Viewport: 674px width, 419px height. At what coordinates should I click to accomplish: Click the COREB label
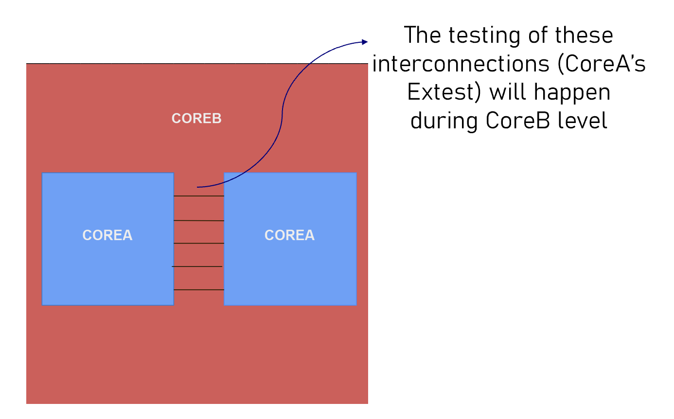[x=196, y=119]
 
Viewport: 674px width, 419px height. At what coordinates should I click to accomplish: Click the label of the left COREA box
[x=107, y=235]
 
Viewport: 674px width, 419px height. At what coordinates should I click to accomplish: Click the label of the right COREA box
[x=289, y=235]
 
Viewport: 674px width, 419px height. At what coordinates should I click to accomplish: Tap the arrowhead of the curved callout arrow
[x=365, y=42]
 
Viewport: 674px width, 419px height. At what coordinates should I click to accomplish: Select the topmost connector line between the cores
[x=198, y=196]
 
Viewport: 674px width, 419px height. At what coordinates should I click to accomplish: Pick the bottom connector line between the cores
[x=198, y=290]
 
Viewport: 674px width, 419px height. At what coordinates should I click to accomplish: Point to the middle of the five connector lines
[x=198, y=243]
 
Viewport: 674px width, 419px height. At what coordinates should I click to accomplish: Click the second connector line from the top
[x=198, y=221]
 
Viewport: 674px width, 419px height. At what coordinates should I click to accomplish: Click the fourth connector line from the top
[x=197, y=266]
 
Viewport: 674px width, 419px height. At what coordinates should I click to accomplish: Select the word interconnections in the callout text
[x=461, y=64]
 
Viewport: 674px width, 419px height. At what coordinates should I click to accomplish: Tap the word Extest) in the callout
[x=444, y=92]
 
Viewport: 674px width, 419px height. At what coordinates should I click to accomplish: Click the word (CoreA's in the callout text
[x=602, y=64]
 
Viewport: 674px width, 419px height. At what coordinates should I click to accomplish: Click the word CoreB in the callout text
[x=516, y=121]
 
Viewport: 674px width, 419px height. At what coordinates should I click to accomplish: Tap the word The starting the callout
[x=422, y=35]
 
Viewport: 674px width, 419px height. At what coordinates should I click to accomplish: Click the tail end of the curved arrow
[x=198, y=187]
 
